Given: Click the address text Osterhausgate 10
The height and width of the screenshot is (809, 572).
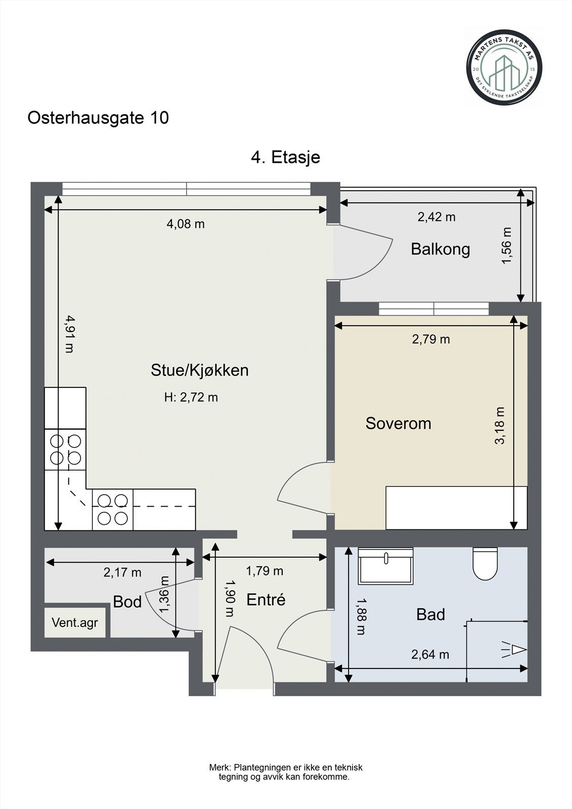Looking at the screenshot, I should pyautogui.click(x=98, y=118).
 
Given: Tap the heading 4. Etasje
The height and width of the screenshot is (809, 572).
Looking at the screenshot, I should pyautogui.click(x=286, y=157).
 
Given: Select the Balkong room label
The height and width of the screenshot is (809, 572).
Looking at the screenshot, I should pyautogui.click(x=440, y=249).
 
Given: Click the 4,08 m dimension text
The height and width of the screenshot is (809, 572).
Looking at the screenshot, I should pyautogui.click(x=186, y=223).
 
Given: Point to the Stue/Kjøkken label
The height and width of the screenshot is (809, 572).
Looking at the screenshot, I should pyautogui.click(x=200, y=370).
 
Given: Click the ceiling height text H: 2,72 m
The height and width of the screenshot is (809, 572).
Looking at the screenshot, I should pyautogui.click(x=191, y=397).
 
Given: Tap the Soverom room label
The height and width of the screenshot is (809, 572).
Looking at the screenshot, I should pyautogui.click(x=398, y=423).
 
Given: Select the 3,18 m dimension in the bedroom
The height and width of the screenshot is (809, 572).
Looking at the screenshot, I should pyautogui.click(x=500, y=425).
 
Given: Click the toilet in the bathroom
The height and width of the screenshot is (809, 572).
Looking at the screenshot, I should pyautogui.click(x=485, y=564).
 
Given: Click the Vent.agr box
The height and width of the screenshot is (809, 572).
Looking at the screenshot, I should pyautogui.click(x=75, y=622).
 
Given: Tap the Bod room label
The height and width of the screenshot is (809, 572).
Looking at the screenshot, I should pyautogui.click(x=127, y=602).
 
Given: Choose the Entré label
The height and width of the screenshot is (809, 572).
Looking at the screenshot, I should pyautogui.click(x=266, y=600).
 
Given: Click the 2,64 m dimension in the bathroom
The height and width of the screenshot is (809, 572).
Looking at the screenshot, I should pyautogui.click(x=430, y=655).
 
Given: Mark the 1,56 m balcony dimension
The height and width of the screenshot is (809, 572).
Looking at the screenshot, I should pyautogui.click(x=507, y=245).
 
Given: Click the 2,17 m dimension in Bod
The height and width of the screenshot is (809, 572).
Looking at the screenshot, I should pyautogui.click(x=122, y=572).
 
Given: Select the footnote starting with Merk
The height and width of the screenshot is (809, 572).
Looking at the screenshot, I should pyautogui.click(x=286, y=772).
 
